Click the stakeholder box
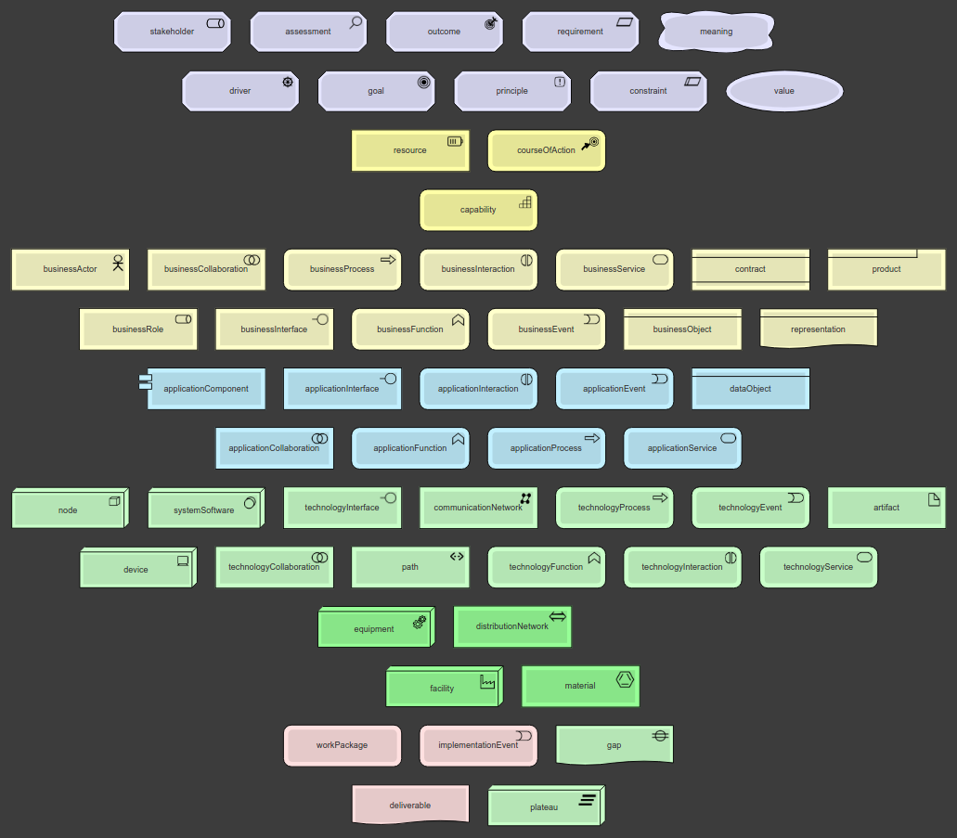(172, 32)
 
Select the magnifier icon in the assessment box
(356, 22)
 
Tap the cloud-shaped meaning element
(716, 32)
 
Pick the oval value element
(784, 91)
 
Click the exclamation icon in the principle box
(560, 82)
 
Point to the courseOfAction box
(546, 150)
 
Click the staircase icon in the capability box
(525, 200)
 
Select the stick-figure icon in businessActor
(118, 261)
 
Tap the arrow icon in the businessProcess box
(388, 260)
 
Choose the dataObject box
(750, 389)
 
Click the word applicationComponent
(206, 389)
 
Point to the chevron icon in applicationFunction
(458, 439)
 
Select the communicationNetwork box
(478, 509)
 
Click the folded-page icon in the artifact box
(934, 499)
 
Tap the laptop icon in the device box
(183, 560)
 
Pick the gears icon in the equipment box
(420, 621)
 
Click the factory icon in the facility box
(487, 682)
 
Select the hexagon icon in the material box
(625, 677)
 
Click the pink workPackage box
(342, 745)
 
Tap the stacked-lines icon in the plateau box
(588, 799)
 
